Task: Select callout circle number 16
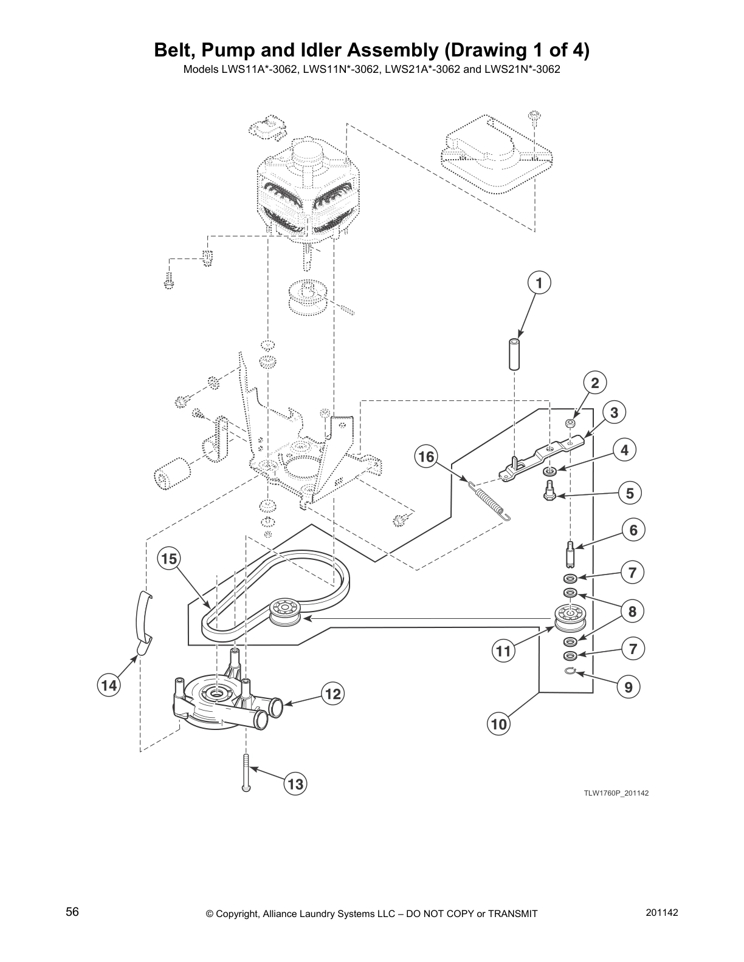click(427, 456)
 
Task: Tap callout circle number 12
click(332, 694)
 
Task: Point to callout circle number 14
click(109, 686)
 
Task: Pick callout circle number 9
click(629, 687)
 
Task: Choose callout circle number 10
click(498, 724)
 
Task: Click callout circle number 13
click(295, 784)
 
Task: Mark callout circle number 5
click(630, 493)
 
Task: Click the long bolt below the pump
click(245, 773)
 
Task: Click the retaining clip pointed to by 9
click(570, 670)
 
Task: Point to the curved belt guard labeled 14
click(143, 619)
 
